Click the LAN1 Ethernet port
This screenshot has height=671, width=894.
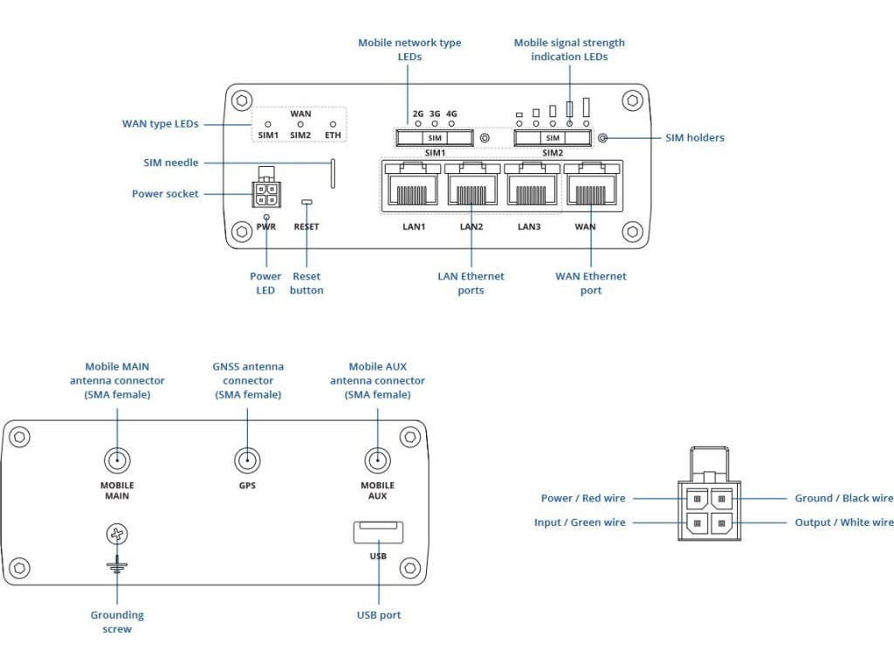pos(413,185)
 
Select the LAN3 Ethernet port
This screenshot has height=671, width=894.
pos(530,185)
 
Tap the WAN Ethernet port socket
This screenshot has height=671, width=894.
pos(591,185)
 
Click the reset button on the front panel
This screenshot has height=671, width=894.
pos(306,203)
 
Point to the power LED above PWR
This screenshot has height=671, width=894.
pos(266,216)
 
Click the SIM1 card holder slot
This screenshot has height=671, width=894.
pos(434,138)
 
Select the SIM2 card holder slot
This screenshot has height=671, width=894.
pos(552,138)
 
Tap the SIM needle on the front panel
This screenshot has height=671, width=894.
pos(333,173)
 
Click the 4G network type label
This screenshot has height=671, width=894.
pos(451,114)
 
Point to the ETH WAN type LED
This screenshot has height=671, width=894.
pos(333,125)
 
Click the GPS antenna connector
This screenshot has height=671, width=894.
pos(247,460)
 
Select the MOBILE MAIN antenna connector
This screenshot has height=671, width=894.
pos(117,460)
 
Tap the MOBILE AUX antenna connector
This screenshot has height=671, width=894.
pos(377,460)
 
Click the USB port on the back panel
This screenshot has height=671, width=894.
pos(378,532)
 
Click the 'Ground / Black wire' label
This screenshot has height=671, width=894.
pos(843,498)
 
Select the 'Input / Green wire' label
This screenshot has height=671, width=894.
pos(580,522)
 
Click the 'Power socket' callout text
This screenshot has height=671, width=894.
pos(165,194)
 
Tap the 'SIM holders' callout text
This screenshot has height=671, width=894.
pos(695,138)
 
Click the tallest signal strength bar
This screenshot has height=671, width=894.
pos(587,107)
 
